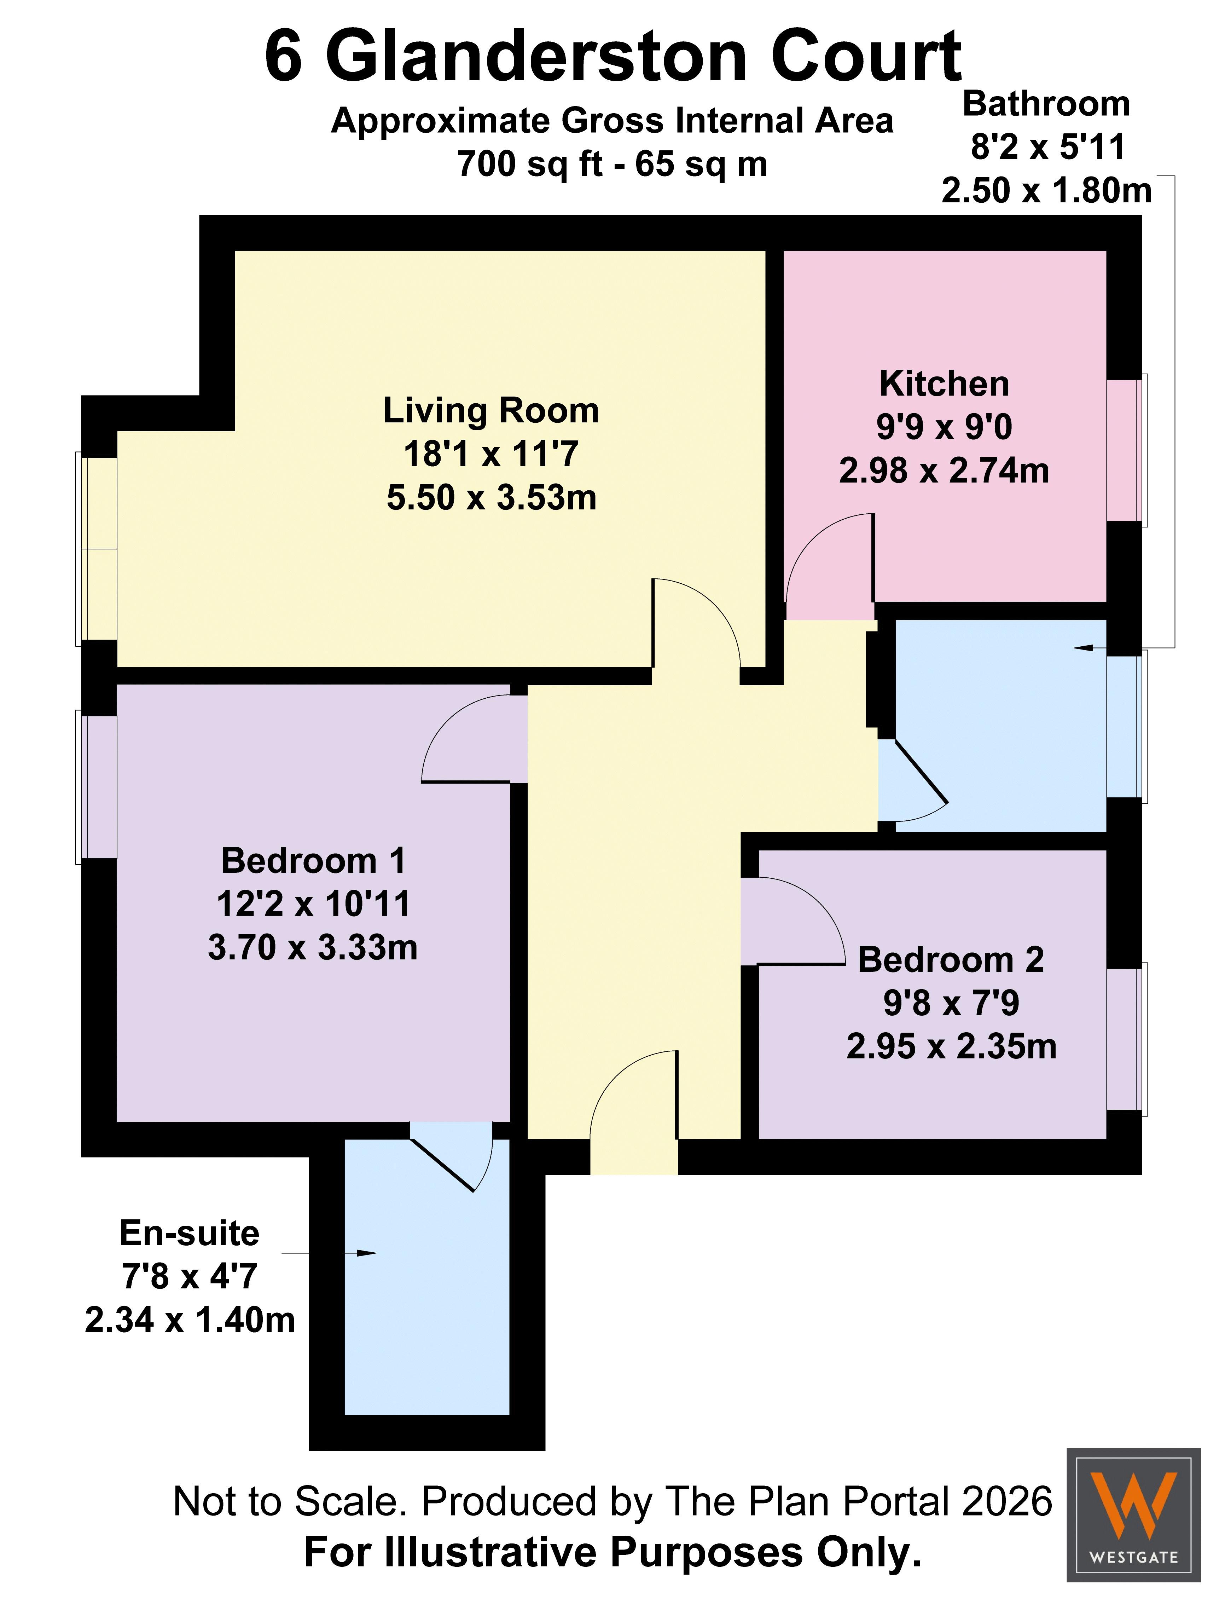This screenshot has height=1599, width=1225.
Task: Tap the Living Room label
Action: pyautogui.click(x=491, y=411)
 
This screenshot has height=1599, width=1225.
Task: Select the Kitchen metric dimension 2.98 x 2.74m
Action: pyautogui.click(x=944, y=471)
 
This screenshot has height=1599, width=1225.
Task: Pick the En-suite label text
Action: pyautogui.click(x=190, y=1234)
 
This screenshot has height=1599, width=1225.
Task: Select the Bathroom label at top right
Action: pyautogui.click(x=1046, y=104)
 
